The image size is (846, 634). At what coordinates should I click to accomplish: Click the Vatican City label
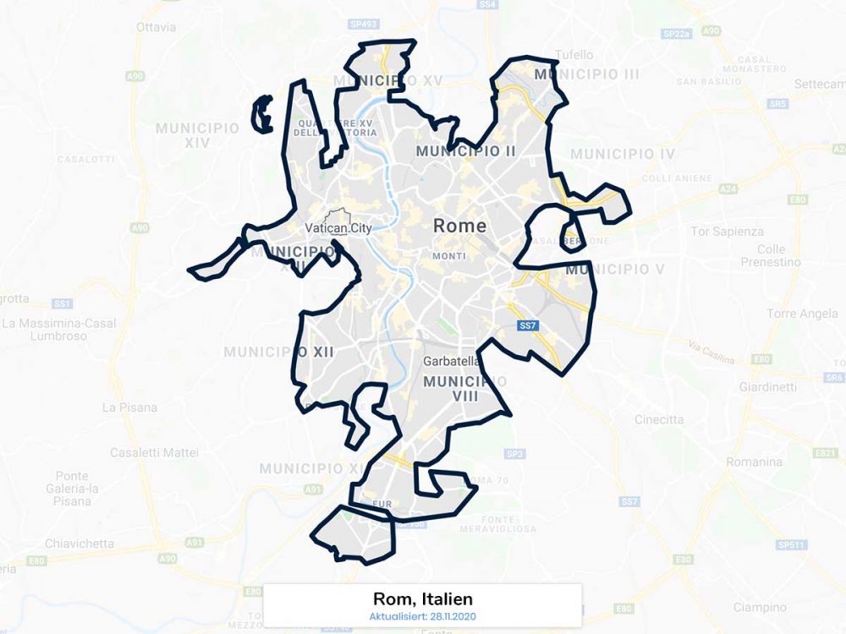click(338, 228)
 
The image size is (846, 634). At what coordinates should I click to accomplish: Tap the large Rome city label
click(459, 226)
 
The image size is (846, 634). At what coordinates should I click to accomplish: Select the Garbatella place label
click(452, 361)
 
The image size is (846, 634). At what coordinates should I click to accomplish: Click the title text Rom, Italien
click(423, 598)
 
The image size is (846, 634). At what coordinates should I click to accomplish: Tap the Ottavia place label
click(157, 27)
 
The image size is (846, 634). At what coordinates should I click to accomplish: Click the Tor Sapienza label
click(727, 232)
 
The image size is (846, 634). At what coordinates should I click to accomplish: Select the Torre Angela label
click(802, 314)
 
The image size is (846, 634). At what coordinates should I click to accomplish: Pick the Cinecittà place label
click(659, 419)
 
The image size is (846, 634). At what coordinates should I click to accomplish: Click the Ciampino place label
click(760, 607)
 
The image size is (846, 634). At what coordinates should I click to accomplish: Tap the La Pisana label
click(129, 407)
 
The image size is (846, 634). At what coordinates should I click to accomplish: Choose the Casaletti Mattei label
click(154, 453)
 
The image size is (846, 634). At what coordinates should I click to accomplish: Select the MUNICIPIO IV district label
click(623, 154)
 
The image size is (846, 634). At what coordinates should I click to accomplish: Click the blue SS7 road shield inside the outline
click(528, 325)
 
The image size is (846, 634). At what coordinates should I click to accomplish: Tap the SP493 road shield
click(365, 25)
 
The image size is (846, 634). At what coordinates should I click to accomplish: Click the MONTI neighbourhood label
click(448, 256)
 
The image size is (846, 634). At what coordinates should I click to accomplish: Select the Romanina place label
click(754, 462)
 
